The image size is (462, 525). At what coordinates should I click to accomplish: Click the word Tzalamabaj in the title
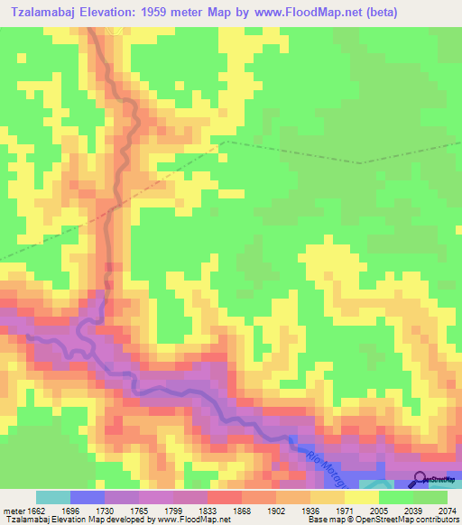pyautogui.click(x=42, y=12)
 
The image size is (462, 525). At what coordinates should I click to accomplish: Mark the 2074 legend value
pyautogui.click(x=446, y=510)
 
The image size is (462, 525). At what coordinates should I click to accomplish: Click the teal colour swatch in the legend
pyautogui.click(x=53, y=497)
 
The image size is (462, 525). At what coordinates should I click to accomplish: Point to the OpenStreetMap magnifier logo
pyautogui.click(x=420, y=480)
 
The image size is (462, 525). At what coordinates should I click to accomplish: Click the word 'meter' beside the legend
pyautogui.click(x=11, y=510)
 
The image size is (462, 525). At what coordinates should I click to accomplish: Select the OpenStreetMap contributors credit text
pyautogui.click(x=406, y=520)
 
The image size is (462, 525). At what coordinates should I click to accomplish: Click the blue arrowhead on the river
pyautogui.click(x=295, y=442)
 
